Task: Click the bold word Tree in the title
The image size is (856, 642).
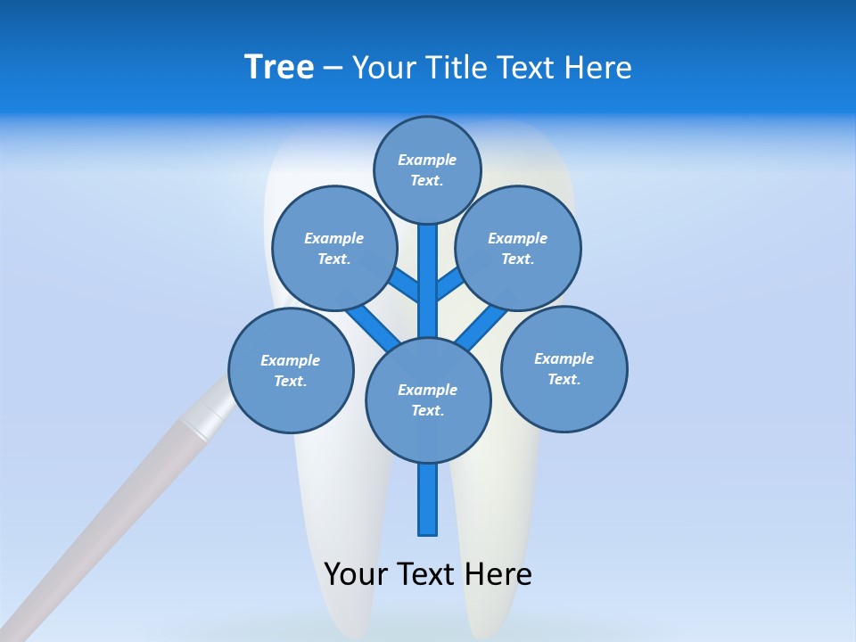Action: (x=279, y=68)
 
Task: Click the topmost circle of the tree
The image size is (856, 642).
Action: (x=427, y=170)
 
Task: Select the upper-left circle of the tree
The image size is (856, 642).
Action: (x=334, y=249)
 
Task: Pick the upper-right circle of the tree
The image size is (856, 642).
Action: (x=518, y=249)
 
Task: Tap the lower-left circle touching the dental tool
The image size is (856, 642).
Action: (x=291, y=371)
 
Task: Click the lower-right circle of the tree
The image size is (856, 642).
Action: (x=564, y=369)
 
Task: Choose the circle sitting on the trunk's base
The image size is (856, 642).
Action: (x=428, y=400)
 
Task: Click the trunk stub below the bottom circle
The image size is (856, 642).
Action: (x=428, y=498)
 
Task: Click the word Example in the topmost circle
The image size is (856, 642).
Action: (x=427, y=160)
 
